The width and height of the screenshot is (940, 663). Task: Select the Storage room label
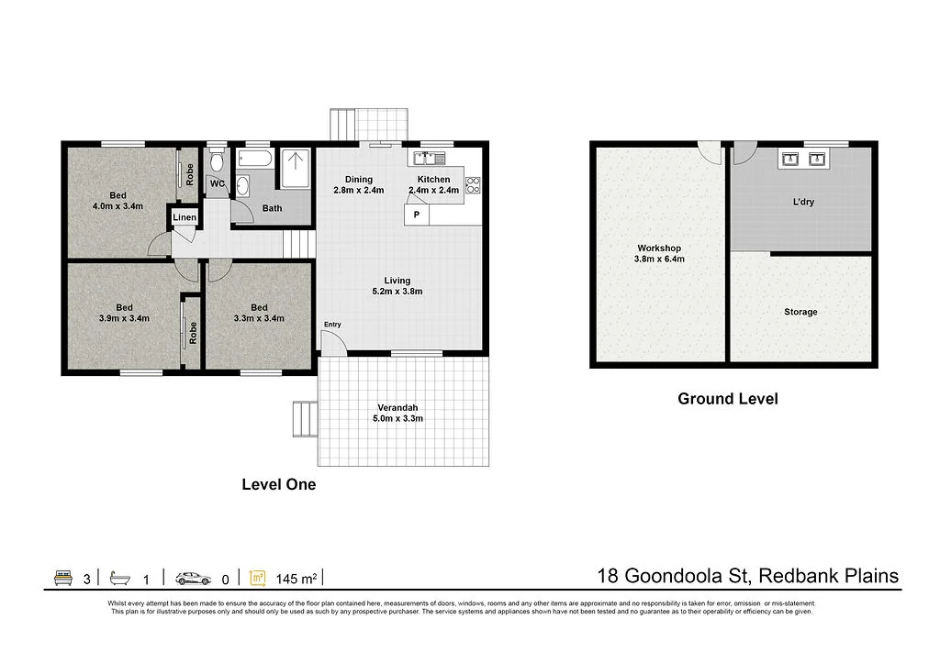800,312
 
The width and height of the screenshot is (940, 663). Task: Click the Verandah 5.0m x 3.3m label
399,413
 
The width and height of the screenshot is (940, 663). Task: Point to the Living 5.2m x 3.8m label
397,286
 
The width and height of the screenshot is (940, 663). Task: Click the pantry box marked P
417,215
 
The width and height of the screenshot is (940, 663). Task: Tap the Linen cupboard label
185,217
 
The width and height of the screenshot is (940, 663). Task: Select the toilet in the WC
216,162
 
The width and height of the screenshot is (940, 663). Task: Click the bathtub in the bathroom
254,160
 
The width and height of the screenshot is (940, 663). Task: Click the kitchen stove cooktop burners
474,184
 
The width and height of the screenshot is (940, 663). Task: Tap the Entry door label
331,325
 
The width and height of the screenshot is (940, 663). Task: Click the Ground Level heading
727,399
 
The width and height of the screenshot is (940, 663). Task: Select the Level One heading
278,484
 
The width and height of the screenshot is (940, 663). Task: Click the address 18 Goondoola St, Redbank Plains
747,576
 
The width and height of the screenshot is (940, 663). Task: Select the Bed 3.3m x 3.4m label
259,313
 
